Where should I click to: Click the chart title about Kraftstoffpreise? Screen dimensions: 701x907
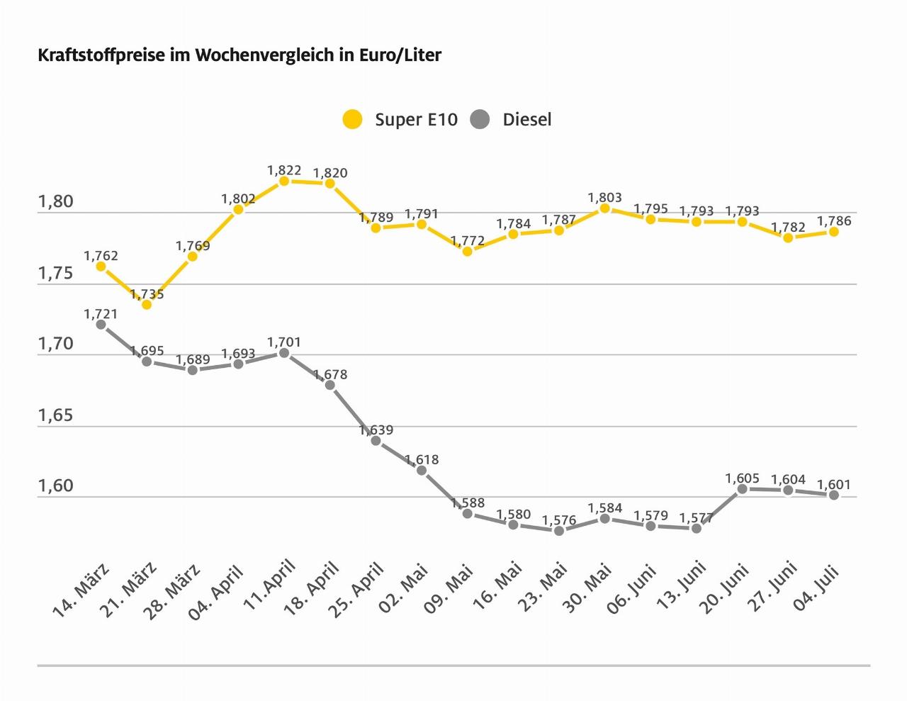[240, 55]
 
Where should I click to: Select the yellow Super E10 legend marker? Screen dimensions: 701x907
[352, 119]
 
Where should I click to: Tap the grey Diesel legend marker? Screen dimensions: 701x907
[480, 119]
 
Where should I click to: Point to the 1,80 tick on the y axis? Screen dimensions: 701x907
[55, 202]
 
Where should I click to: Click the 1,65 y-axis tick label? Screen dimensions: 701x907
[55, 415]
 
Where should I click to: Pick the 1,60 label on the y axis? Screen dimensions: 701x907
[55, 486]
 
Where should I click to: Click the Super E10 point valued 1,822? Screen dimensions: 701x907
[284, 181]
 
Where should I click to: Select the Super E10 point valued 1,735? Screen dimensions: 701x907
[147, 305]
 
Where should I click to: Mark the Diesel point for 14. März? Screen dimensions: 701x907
[101, 325]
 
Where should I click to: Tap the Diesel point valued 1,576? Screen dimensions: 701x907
[559, 530]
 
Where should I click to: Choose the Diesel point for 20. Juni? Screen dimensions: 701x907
[743, 489]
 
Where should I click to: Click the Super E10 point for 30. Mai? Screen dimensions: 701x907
[604, 208]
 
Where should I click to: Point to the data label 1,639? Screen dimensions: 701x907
[376, 430]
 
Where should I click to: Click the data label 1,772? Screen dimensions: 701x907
[468, 241]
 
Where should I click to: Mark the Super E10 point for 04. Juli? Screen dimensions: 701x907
[834, 232]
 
